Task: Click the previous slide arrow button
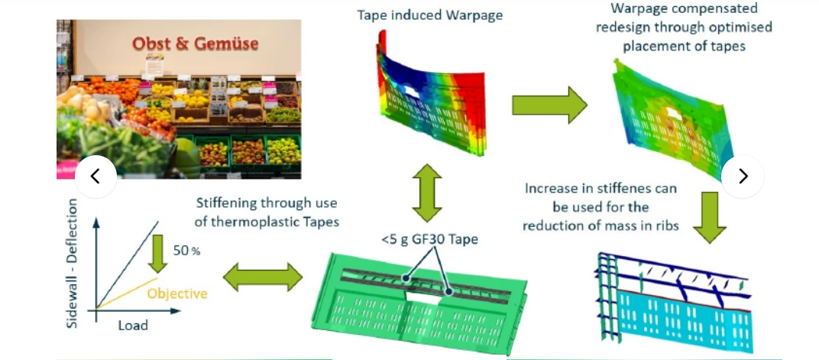pyautogui.click(x=95, y=177)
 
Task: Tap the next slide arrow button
pyautogui.click(x=742, y=177)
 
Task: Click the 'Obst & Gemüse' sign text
pyautogui.click(x=195, y=43)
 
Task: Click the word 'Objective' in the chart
pyautogui.click(x=177, y=294)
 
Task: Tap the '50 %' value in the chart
pyautogui.click(x=186, y=251)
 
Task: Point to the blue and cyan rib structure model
pyautogui.click(x=672, y=298)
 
